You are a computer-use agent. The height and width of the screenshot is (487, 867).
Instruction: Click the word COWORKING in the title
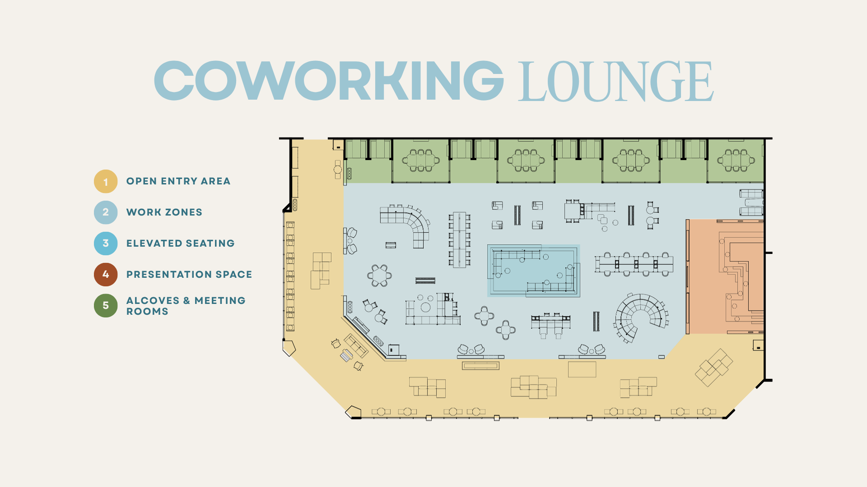[x=329, y=81]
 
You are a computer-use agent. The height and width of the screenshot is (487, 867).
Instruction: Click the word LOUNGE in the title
[x=616, y=82]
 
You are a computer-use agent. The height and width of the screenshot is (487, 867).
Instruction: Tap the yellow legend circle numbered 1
[x=106, y=181]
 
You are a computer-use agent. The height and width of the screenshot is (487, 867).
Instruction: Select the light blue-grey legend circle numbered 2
[x=106, y=212]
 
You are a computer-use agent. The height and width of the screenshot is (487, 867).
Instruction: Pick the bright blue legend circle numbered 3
[x=106, y=243]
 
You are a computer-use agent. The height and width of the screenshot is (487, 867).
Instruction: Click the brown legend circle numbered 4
[x=106, y=275]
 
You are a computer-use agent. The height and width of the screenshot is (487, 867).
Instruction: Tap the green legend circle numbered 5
[x=106, y=306]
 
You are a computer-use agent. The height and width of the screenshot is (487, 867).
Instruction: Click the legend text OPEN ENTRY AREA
[x=178, y=181]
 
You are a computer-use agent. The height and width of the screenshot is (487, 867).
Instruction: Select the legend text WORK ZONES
[x=164, y=212]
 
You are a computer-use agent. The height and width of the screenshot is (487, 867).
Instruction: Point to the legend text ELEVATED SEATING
[x=181, y=243]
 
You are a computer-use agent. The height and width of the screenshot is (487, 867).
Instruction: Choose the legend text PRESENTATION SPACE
[x=189, y=275]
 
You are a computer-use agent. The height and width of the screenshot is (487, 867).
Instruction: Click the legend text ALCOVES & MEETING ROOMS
[x=186, y=306]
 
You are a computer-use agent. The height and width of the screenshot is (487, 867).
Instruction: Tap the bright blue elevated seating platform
[x=533, y=271]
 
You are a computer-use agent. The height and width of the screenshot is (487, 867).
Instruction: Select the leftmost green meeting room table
[x=421, y=161]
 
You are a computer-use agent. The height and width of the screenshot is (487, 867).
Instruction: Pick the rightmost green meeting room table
[x=736, y=161]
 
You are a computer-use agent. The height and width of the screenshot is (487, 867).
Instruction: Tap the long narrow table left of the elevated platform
[x=459, y=239]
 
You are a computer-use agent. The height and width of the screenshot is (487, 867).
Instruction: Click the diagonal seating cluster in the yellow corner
[x=713, y=368]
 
